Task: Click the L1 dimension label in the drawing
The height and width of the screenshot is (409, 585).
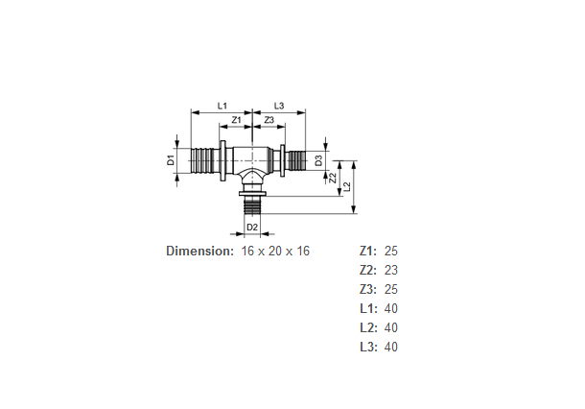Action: (x=222, y=106)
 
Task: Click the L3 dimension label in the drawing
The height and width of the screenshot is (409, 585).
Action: (x=279, y=106)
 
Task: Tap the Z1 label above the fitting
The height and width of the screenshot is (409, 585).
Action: (x=237, y=120)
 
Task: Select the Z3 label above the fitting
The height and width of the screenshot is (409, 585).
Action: (x=269, y=120)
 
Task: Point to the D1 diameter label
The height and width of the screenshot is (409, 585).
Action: (x=171, y=160)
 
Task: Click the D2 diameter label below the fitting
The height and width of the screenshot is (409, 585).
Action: (x=252, y=228)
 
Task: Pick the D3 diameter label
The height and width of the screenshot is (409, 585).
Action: (x=318, y=160)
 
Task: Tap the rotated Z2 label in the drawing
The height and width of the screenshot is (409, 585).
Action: (x=333, y=178)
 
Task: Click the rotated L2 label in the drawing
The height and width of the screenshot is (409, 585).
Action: (x=347, y=186)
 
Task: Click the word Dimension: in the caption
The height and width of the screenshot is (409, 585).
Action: (x=200, y=251)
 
